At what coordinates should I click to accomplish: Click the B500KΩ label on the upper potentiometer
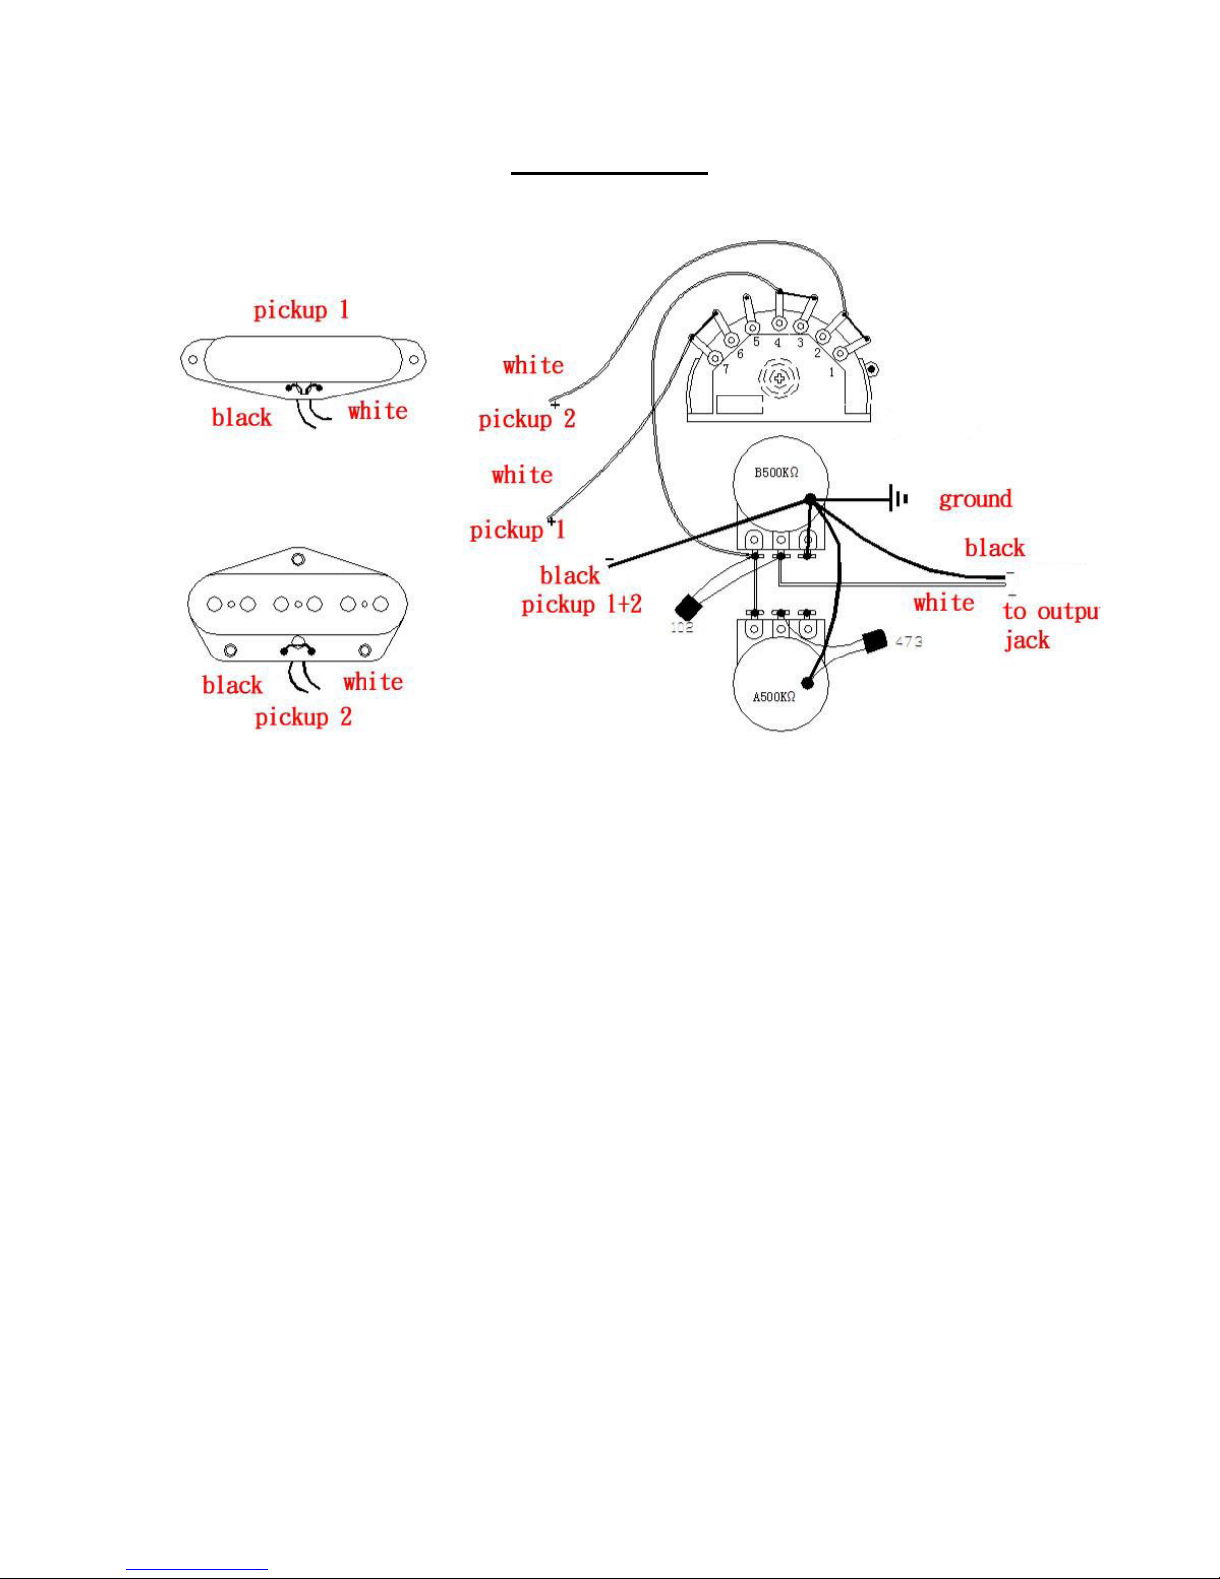pos(776,472)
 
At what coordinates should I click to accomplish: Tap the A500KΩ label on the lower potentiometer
pos(774,697)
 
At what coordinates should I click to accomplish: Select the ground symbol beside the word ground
pos(900,498)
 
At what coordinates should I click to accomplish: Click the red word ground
pos(975,499)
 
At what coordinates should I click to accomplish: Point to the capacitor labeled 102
pos(686,607)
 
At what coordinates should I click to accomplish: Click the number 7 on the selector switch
pos(725,369)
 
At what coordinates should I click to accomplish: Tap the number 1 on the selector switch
pos(832,372)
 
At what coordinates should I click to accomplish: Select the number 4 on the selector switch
pos(777,344)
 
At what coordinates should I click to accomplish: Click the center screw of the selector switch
pos(779,378)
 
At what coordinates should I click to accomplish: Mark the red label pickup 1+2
pos(582,604)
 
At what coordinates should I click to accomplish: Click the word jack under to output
pos(1026,640)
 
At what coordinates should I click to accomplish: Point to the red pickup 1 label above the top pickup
pos(301,310)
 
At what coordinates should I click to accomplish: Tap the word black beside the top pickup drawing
pos(241,418)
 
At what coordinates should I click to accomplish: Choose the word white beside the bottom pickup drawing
pos(372,682)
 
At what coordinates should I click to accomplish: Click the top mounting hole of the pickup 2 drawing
pos(297,559)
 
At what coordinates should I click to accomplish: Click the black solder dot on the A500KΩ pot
pos(808,684)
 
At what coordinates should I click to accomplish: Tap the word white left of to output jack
pos(943,603)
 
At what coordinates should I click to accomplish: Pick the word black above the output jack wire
pos(994,548)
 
